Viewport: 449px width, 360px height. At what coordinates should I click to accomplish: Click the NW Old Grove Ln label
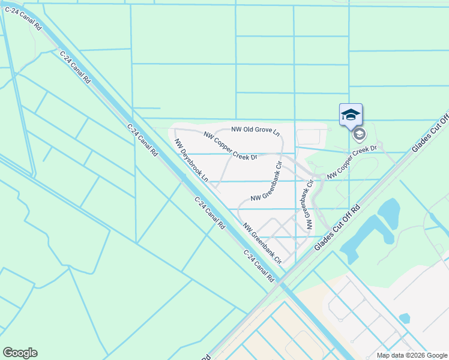256,130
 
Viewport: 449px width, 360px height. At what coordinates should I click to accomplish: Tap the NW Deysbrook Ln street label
191,160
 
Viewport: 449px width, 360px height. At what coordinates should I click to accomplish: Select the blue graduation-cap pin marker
351,115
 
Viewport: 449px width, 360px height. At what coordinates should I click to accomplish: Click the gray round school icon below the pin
359,134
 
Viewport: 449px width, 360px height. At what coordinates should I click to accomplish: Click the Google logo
20,353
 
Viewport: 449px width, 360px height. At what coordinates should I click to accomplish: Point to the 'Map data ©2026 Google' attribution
412,355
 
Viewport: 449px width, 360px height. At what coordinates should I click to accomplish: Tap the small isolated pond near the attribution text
404,317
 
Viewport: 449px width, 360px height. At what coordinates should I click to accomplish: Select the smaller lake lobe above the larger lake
390,211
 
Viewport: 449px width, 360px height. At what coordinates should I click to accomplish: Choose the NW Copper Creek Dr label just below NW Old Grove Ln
230,146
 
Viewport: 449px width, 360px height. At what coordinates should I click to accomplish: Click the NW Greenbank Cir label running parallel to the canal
262,244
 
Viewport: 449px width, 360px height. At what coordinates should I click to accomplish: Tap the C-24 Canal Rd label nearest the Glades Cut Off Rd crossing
259,265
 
